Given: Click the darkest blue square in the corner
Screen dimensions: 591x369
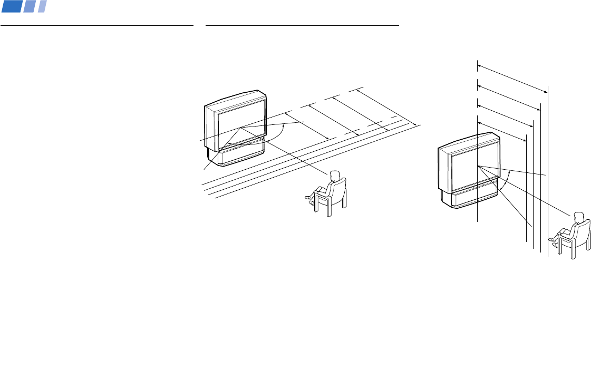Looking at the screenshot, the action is [11, 6].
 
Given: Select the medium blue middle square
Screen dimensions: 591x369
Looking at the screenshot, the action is [30, 6].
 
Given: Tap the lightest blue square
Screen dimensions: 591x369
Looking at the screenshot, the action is [42, 6].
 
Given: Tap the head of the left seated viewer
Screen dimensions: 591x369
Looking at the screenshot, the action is [334, 176].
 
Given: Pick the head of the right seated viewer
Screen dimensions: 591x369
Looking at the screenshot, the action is [578, 216].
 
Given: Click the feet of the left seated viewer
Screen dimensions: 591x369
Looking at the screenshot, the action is [309, 199].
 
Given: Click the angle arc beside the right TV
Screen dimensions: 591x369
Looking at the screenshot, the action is [506, 182].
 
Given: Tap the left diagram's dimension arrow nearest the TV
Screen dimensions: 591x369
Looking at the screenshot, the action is [307, 126].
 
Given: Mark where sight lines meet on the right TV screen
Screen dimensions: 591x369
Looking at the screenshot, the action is [477, 167].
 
